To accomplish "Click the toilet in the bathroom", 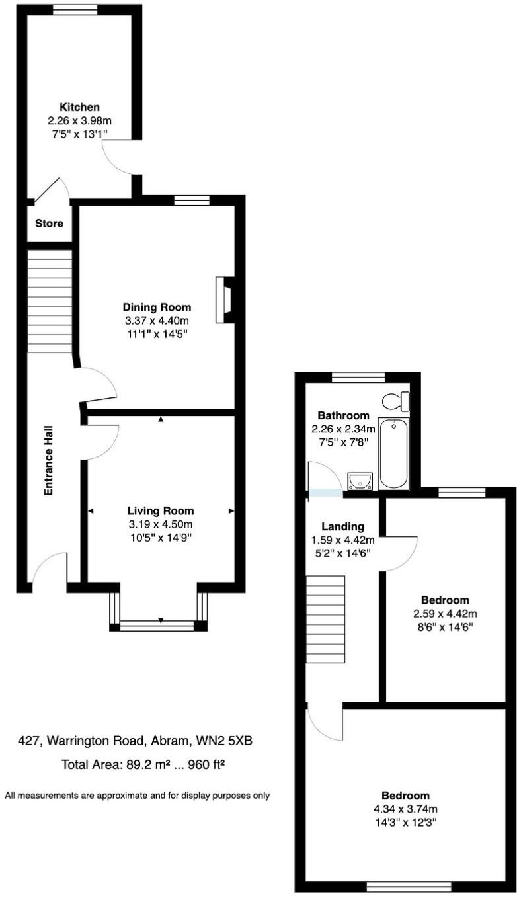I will tap(397, 401).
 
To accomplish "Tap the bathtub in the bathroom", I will tap(393, 454).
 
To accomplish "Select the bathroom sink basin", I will tap(360, 481).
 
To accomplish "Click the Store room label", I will tap(50, 224).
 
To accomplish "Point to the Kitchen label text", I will tap(80, 107).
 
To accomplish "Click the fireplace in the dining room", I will tap(224, 300).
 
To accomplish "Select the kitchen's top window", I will tap(71, 9).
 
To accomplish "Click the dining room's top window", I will tap(192, 200).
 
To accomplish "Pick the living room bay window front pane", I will tap(159, 624).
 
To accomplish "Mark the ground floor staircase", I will tap(50, 298).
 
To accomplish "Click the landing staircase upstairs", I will tap(326, 618).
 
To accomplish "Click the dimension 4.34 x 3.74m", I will tap(405, 809).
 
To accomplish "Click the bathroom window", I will tap(358, 377).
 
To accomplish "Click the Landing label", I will tap(342, 527).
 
